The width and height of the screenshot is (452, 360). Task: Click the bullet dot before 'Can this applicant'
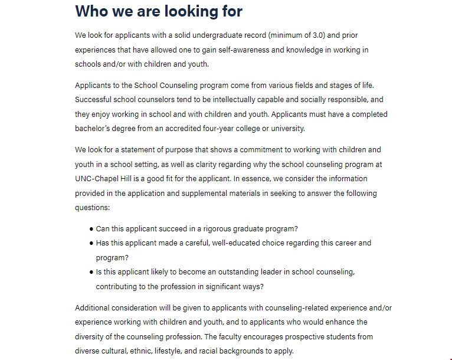91,228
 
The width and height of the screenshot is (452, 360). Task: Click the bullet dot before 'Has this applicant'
91,243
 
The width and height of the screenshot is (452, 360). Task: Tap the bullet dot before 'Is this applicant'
91,272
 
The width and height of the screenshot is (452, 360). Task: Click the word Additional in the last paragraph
93,307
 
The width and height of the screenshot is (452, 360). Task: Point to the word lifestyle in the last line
176,351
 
